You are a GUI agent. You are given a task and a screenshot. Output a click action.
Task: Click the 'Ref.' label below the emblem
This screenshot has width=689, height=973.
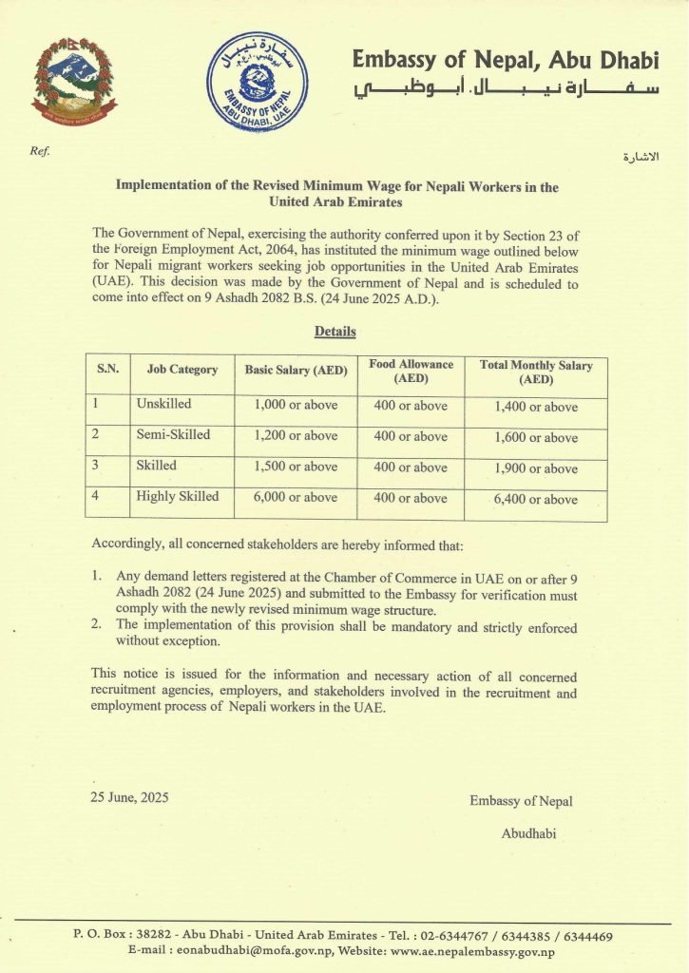point(39,151)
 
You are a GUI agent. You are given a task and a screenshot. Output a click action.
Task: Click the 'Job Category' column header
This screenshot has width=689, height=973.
point(182,370)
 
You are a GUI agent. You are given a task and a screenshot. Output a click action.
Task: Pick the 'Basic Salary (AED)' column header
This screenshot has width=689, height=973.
point(296,370)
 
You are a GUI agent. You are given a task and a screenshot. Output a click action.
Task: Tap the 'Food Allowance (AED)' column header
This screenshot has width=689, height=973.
point(411,371)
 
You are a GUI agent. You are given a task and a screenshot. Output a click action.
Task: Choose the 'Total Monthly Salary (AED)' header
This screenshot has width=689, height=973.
point(536,372)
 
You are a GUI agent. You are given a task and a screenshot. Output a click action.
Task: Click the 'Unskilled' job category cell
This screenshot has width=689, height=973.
point(163,404)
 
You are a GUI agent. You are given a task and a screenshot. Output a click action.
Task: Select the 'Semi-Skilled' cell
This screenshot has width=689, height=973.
point(173,435)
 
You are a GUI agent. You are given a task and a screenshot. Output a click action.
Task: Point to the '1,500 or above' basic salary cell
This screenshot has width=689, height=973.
point(296,467)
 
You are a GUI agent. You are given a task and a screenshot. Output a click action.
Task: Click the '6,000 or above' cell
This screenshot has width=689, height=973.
point(296,497)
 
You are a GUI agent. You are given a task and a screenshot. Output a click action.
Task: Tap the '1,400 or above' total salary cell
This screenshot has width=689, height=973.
point(536,407)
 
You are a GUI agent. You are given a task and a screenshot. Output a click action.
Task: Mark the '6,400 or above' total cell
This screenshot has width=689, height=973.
point(536,499)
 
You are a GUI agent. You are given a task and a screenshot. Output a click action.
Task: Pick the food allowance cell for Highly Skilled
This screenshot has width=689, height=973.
point(411,498)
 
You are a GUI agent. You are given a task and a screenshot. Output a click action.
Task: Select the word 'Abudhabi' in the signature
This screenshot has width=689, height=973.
point(528,833)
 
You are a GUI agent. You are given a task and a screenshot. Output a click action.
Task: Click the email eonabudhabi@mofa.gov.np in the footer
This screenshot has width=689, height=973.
point(247,951)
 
